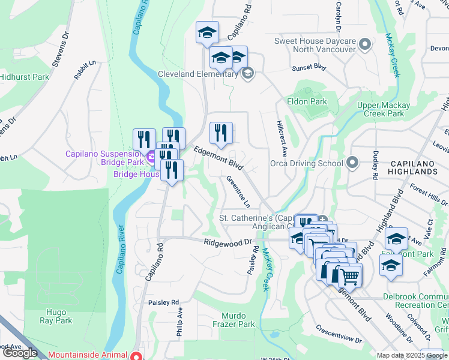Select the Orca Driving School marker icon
click(x=352, y=163)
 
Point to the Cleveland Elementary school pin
click(x=247, y=74)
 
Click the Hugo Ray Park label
click(x=59, y=316)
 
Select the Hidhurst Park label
click(x=24, y=77)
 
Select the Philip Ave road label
click(x=179, y=322)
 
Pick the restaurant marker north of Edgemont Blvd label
click(x=221, y=133)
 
